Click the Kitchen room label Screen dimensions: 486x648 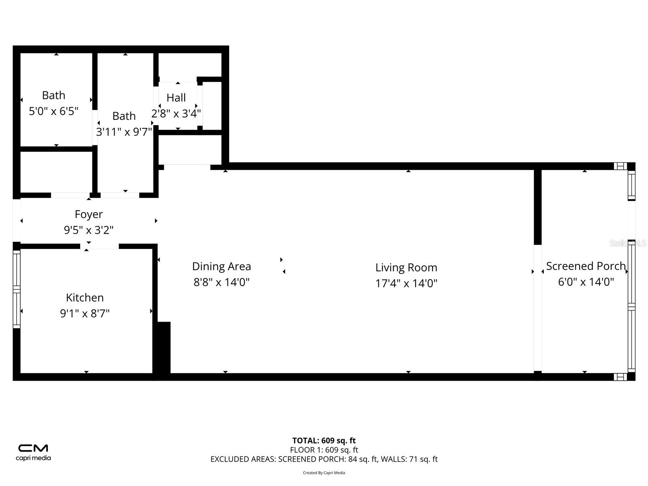click(85, 298)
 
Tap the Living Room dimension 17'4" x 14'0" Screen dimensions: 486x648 click(406, 283)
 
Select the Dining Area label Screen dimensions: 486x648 click(221, 266)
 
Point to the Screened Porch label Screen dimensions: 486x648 click(586, 266)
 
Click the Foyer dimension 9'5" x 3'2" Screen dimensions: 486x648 click(88, 230)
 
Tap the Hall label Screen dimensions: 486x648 click(176, 98)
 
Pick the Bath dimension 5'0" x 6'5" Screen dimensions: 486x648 click(53, 111)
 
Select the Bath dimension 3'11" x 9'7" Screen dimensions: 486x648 click(124, 132)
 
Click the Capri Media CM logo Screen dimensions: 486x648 click(33, 448)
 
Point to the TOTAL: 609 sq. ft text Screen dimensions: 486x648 click(324, 440)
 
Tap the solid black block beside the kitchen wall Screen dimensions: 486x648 click(164, 347)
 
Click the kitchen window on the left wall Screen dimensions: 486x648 click(17, 289)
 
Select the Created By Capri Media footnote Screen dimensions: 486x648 click(324, 473)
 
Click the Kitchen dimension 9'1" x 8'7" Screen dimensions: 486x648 click(85, 313)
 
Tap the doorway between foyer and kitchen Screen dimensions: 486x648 click(99, 246)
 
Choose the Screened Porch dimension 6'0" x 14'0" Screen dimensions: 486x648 click(586, 282)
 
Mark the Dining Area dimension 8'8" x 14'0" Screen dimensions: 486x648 click(221, 282)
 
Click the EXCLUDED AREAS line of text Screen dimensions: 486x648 click(324, 459)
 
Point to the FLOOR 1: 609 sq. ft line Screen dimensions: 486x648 click(324, 450)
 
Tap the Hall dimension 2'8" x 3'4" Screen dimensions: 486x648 click(176, 113)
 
